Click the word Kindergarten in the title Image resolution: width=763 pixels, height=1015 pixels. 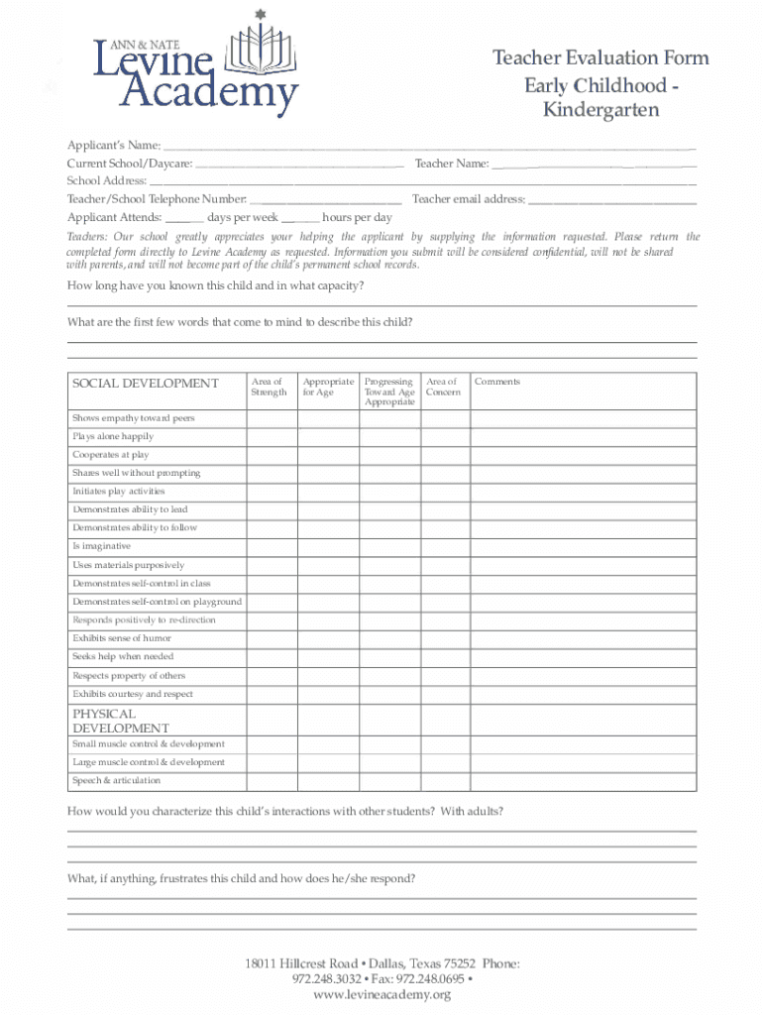click(600, 110)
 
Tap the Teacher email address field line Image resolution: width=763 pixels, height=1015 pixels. click(611, 200)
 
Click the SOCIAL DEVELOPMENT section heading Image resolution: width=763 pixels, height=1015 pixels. click(146, 384)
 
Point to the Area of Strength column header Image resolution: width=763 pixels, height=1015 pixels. click(270, 387)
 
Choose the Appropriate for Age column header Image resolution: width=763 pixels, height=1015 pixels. click(328, 387)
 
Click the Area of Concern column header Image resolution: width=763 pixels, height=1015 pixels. click(443, 387)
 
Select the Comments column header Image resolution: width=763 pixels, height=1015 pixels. click(496, 382)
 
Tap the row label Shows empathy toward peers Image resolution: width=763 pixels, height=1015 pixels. click(134, 418)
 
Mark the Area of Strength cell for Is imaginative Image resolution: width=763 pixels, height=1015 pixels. click(272, 546)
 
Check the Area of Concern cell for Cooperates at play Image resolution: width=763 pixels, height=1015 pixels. click(445, 455)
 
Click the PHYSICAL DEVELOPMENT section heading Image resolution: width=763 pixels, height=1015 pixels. click(120, 721)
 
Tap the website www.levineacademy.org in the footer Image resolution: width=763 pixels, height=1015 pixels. click(381, 994)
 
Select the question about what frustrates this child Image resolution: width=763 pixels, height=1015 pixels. click(241, 878)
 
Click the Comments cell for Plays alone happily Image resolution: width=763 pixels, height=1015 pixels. click(583, 437)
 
